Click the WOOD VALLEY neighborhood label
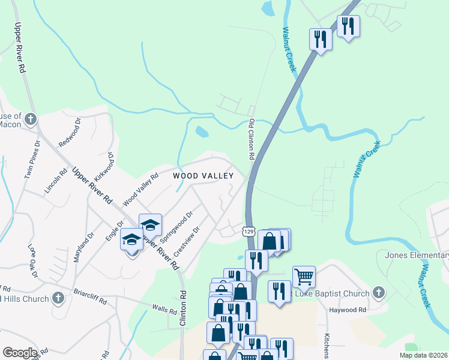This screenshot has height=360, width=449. (202, 176)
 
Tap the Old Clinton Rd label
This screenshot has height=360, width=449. (252, 139)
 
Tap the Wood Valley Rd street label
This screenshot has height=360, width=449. (140, 188)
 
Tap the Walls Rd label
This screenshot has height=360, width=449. (164, 310)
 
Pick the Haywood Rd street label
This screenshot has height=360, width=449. (348, 310)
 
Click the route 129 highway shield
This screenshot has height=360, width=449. (250, 230)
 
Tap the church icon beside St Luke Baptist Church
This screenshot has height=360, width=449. (378, 292)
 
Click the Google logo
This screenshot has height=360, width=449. (20, 353)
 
